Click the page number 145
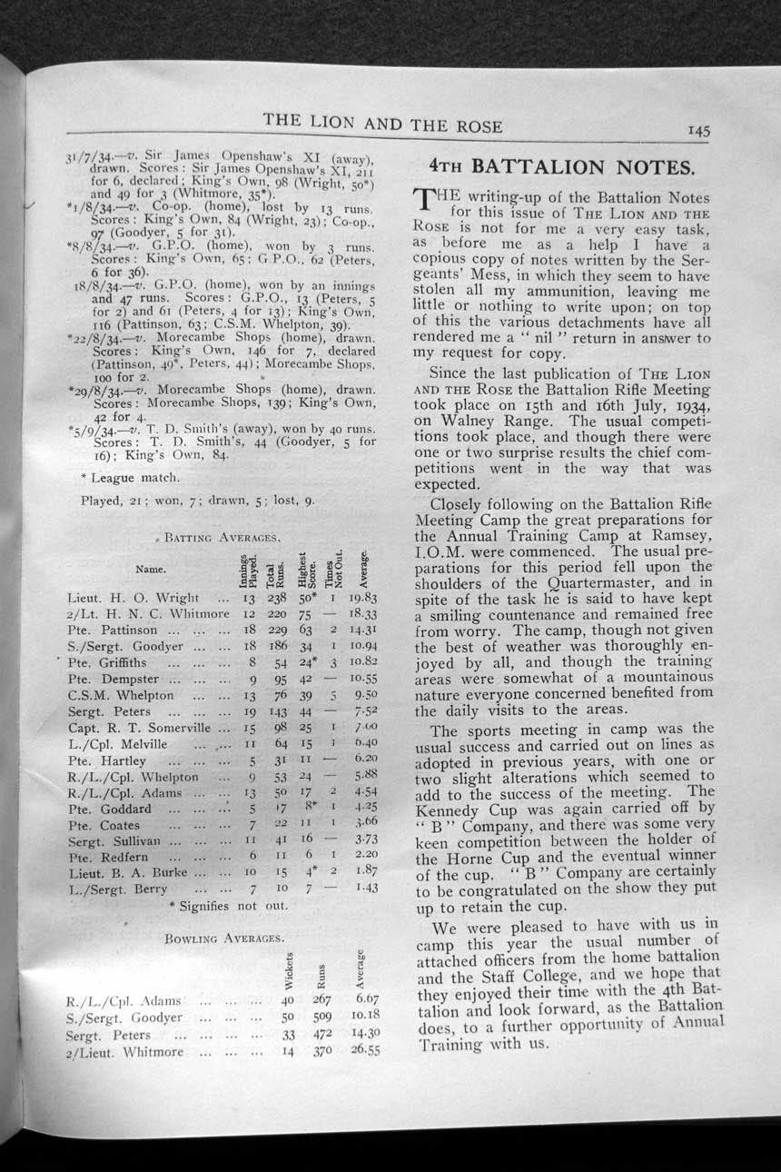coord(698,130)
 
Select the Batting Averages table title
coord(214,539)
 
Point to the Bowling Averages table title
coord(225,937)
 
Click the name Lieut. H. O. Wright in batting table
coord(133,598)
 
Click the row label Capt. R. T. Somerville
coord(142,728)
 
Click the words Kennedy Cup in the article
coord(464,807)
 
